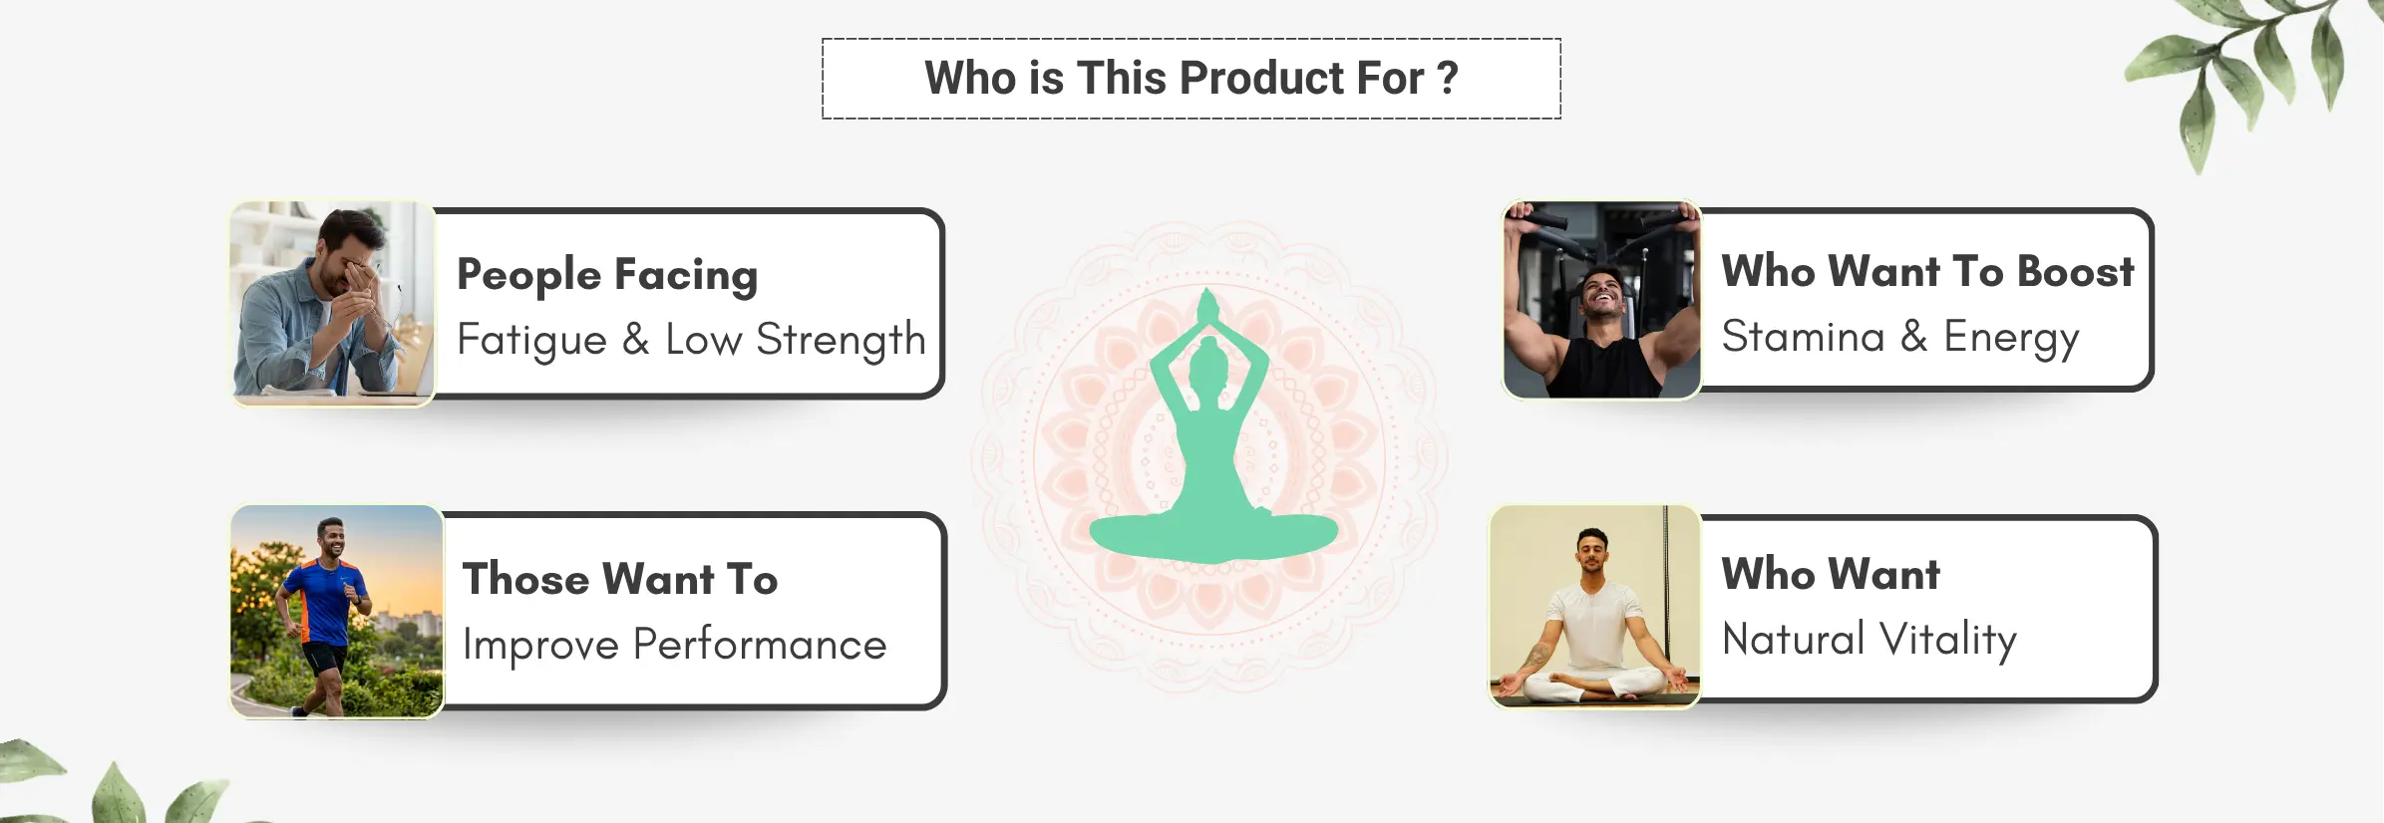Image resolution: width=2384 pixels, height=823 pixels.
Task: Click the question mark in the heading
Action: tap(1448, 78)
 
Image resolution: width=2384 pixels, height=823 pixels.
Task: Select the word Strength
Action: tap(841, 341)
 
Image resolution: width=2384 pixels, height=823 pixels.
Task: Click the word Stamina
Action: tap(1803, 337)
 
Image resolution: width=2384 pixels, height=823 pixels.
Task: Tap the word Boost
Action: tap(2075, 271)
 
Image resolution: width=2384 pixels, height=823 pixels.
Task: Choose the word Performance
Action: tap(760, 645)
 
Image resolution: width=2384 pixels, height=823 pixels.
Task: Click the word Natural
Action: tap(1793, 640)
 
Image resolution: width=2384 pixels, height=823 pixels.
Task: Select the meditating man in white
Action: tap(1593, 618)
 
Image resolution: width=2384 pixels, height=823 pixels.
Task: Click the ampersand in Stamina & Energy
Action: tap(1913, 337)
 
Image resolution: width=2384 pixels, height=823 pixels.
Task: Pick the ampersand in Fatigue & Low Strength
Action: tap(636, 341)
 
